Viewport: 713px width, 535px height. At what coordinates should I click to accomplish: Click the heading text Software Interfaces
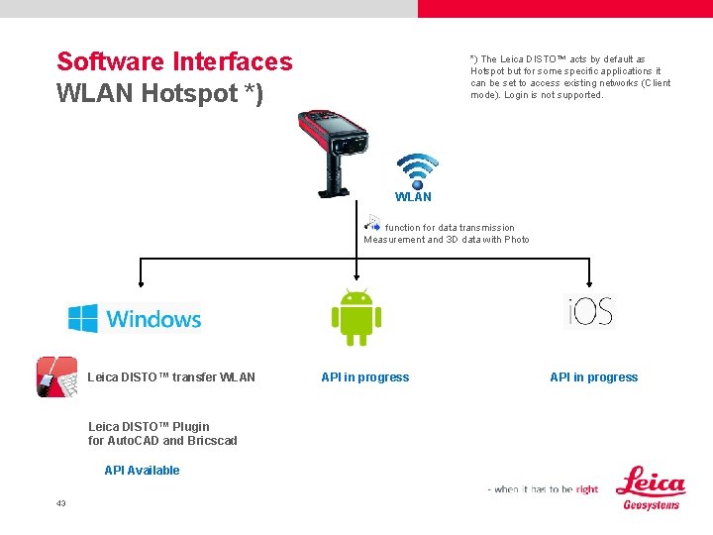174,61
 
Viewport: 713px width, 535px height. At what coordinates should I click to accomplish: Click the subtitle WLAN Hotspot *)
159,94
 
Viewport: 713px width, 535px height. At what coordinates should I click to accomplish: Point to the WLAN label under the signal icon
413,196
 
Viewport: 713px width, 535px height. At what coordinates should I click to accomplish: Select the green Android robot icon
356,316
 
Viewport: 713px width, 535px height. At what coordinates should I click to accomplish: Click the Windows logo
135,318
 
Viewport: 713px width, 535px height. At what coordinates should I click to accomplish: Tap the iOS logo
590,311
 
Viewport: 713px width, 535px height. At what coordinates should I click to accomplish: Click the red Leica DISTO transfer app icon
57,376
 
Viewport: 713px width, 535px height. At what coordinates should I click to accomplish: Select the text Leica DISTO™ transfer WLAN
171,376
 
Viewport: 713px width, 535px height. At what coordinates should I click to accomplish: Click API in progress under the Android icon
364,376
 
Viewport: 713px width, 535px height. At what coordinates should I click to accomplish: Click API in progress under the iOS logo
593,376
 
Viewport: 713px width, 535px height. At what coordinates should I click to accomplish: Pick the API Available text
142,471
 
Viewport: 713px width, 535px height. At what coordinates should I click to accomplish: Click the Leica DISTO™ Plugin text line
149,427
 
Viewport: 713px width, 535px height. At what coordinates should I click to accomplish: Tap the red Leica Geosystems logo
650,487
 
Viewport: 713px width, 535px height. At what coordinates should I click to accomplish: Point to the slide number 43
61,503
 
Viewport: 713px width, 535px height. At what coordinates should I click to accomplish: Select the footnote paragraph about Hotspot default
569,77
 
